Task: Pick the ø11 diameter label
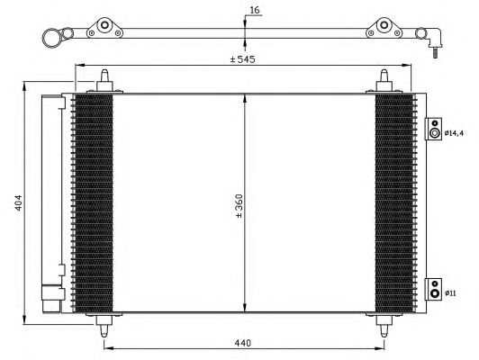pos(453,292)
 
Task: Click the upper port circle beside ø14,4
pos(436,132)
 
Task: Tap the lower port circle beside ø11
pos(436,292)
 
